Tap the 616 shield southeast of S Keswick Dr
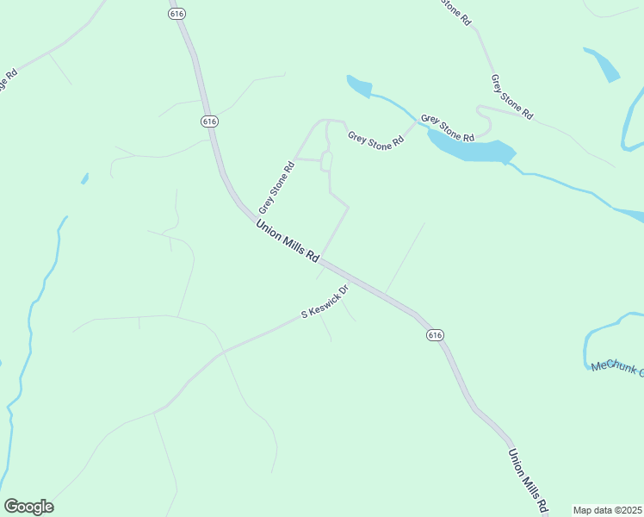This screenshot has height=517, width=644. [x=435, y=334]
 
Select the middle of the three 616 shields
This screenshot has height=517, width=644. [x=209, y=121]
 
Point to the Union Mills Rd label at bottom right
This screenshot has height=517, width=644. [x=528, y=482]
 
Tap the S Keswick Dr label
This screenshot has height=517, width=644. [x=325, y=303]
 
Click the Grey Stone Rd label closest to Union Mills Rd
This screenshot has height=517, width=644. [x=276, y=187]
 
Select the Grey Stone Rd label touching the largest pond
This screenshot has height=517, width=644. [x=448, y=129]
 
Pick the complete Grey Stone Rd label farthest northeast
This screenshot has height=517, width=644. [x=511, y=97]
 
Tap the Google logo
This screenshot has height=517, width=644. [x=28, y=507]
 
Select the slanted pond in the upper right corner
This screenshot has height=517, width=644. [x=602, y=65]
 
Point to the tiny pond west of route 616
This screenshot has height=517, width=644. [x=84, y=179]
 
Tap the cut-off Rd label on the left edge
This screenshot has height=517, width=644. [x=9, y=81]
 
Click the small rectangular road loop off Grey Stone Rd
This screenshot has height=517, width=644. [x=326, y=161]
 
